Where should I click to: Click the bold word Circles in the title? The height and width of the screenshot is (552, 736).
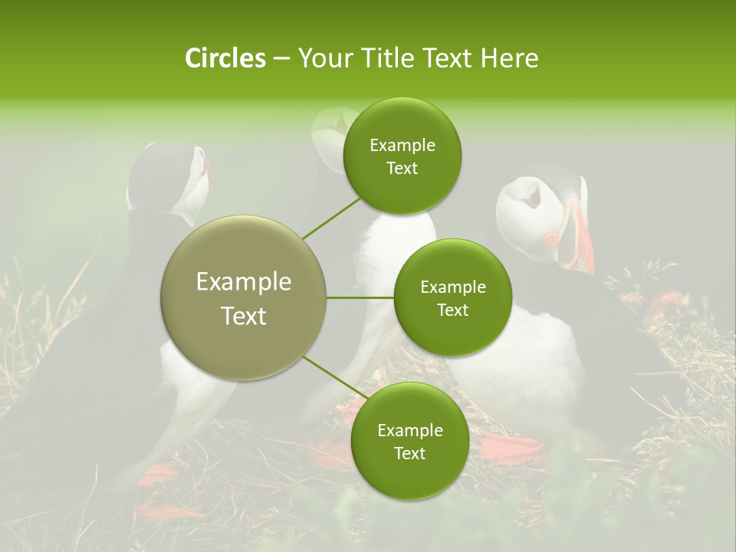coord(225,58)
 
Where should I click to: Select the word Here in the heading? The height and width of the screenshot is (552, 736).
coord(509,58)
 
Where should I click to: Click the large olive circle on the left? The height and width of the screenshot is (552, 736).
coord(244,297)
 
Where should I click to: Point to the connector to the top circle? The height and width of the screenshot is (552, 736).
coord(331,218)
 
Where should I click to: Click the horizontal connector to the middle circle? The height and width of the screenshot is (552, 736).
coord(360,297)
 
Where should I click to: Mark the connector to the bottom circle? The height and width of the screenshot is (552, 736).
coord(331,377)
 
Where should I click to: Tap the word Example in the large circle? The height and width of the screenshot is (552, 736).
coord(244,282)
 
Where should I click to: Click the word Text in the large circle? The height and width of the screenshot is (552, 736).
coord(244,316)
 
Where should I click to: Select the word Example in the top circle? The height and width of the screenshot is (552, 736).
coord(402,146)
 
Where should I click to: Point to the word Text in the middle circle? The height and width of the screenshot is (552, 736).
coord(453,310)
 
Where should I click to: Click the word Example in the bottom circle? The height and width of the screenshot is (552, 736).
coord(410,431)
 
